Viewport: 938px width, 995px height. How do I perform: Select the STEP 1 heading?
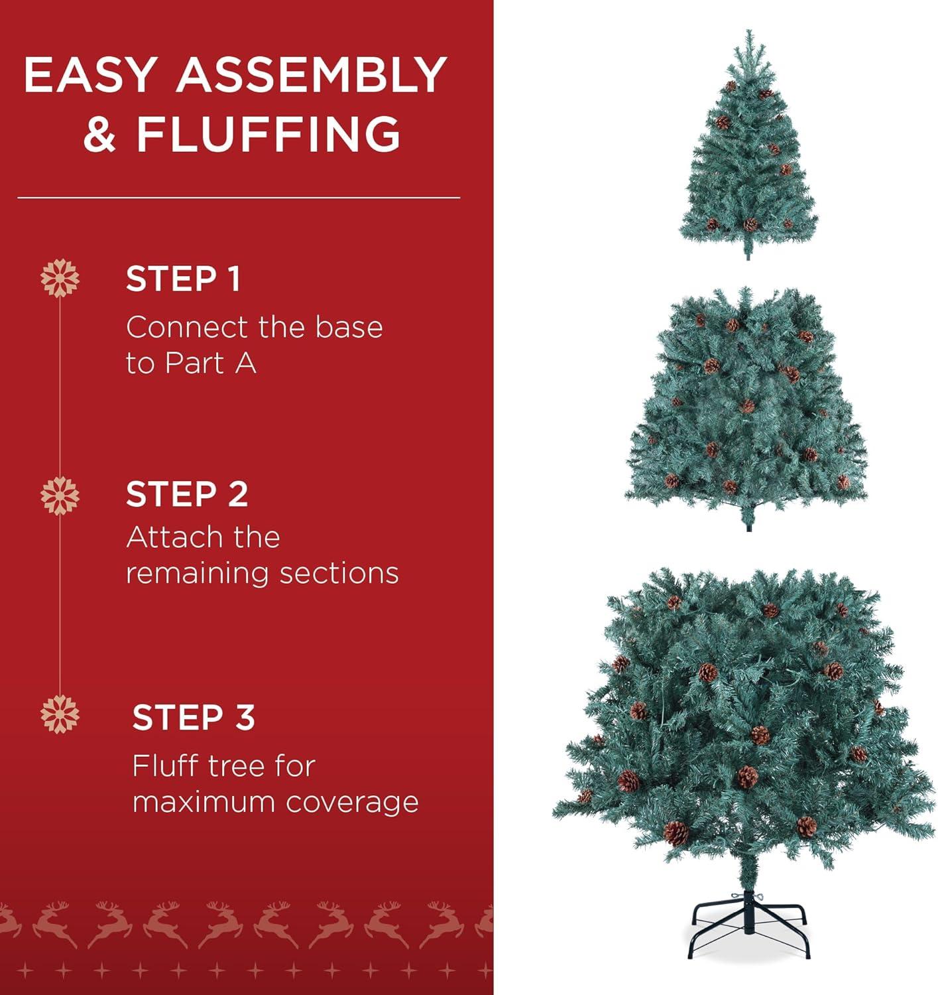pos(183,279)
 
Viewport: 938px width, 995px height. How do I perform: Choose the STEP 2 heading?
pos(187,495)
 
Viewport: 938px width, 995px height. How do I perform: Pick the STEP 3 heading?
pos(194,718)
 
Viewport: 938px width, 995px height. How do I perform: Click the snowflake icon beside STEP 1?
pos(60,279)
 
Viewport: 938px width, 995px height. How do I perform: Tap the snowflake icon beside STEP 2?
pos(60,495)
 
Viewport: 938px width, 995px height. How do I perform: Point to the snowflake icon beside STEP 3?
pos(60,714)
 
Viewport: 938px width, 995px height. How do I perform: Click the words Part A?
pos(211,364)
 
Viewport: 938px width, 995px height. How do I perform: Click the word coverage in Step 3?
pos(353,803)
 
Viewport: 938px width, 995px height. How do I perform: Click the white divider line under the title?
pos(239,198)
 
